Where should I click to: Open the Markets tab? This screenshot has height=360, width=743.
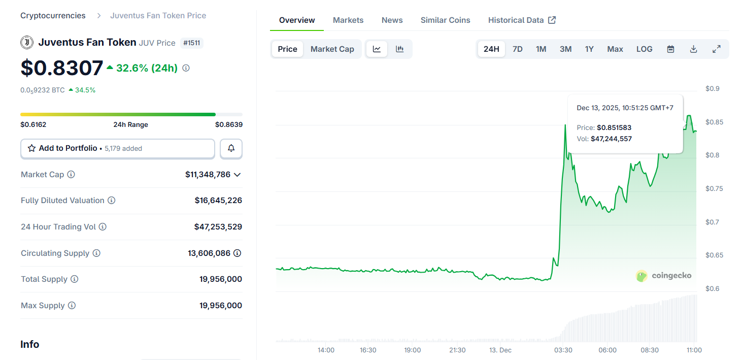coord(348,20)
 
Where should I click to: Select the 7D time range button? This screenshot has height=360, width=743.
coord(517,49)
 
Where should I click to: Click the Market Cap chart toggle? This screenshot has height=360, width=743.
coord(332,49)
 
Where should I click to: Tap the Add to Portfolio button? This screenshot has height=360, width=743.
coord(118,148)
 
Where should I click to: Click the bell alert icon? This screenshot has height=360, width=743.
coord(231,148)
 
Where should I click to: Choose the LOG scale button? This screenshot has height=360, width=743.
coord(644,49)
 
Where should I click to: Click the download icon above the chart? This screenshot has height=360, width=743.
coord(693,49)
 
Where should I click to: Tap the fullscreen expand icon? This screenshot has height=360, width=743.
coord(716,49)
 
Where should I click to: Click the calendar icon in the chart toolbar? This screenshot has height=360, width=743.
coord(670,49)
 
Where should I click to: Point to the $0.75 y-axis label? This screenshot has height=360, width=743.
coord(712,188)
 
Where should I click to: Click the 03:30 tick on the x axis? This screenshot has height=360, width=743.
coord(563,350)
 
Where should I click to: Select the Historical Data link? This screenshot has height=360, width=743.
coord(522,20)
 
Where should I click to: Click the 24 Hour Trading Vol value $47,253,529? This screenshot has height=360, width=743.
coord(218,227)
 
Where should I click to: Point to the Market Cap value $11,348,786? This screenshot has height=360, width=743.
coord(208,175)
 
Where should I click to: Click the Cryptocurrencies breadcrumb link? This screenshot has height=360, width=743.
coord(53,16)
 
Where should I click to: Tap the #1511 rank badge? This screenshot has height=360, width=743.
coord(192,43)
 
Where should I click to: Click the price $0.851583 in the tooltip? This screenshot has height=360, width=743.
coord(614,127)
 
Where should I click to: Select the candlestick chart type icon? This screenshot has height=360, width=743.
coord(399,49)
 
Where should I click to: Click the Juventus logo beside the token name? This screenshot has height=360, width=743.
coord(27,43)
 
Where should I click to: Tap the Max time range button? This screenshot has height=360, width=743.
coord(615,49)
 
